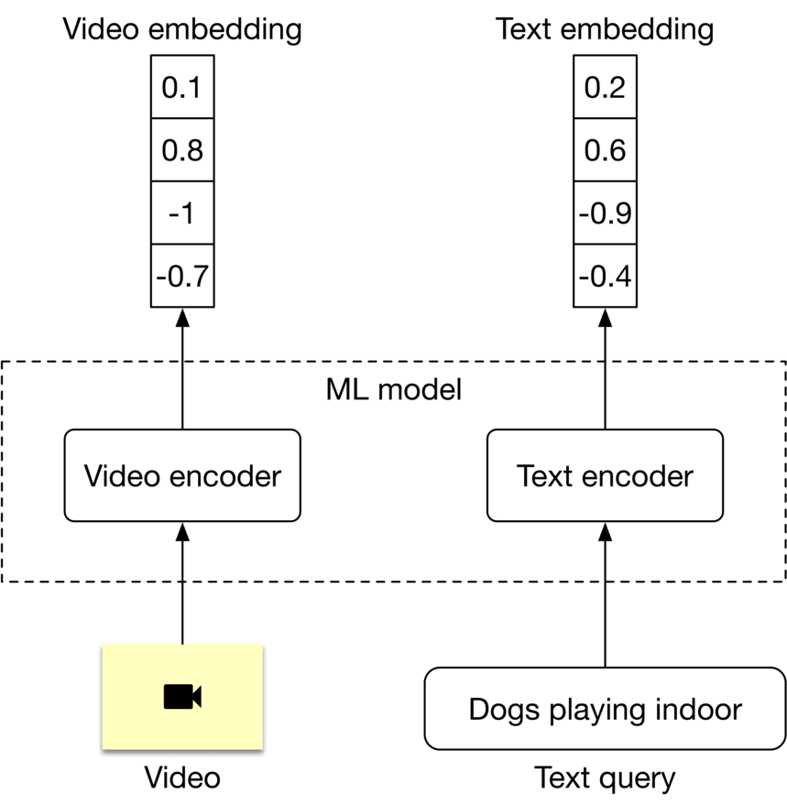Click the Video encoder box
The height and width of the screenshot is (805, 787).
(x=182, y=476)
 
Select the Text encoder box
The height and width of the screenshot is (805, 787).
(x=605, y=476)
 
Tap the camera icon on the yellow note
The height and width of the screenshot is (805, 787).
(x=182, y=697)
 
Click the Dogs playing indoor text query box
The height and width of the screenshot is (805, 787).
(x=605, y=710)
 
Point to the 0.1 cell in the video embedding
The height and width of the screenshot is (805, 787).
(x=182, y=88)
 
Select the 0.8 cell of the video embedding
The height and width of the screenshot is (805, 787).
(x=182, y=150)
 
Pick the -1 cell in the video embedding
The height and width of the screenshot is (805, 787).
(x=182, y=213)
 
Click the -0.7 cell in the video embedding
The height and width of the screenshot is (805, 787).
(x=182, y=276)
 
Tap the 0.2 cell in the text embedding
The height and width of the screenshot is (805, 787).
(x=605, y=88)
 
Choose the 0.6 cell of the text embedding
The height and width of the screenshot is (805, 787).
(x=605, y=150)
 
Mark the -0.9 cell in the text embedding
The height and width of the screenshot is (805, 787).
(x=605, y=213)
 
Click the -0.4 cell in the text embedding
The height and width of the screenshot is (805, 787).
(x=605, y=276)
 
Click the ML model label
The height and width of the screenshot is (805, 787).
(x=394, y=389)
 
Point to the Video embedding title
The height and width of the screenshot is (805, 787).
(x=182, y=29)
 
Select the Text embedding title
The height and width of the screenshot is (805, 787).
(x=605, y=29)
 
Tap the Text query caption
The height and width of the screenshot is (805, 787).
(x=605, y=778)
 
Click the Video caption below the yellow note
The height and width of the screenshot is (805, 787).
(x=182, y=778)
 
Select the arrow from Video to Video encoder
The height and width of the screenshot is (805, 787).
(x=182, y=586)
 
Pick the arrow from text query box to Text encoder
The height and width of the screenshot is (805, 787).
(x=605, y=595)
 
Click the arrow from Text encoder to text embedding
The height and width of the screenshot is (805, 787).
(x=605, y=366)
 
